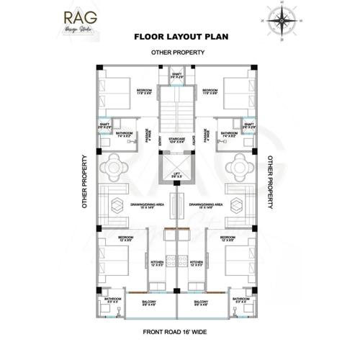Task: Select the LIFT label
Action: coord(177,173)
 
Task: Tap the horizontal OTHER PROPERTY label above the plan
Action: coord(178,53)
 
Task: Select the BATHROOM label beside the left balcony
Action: coord(112,300)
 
